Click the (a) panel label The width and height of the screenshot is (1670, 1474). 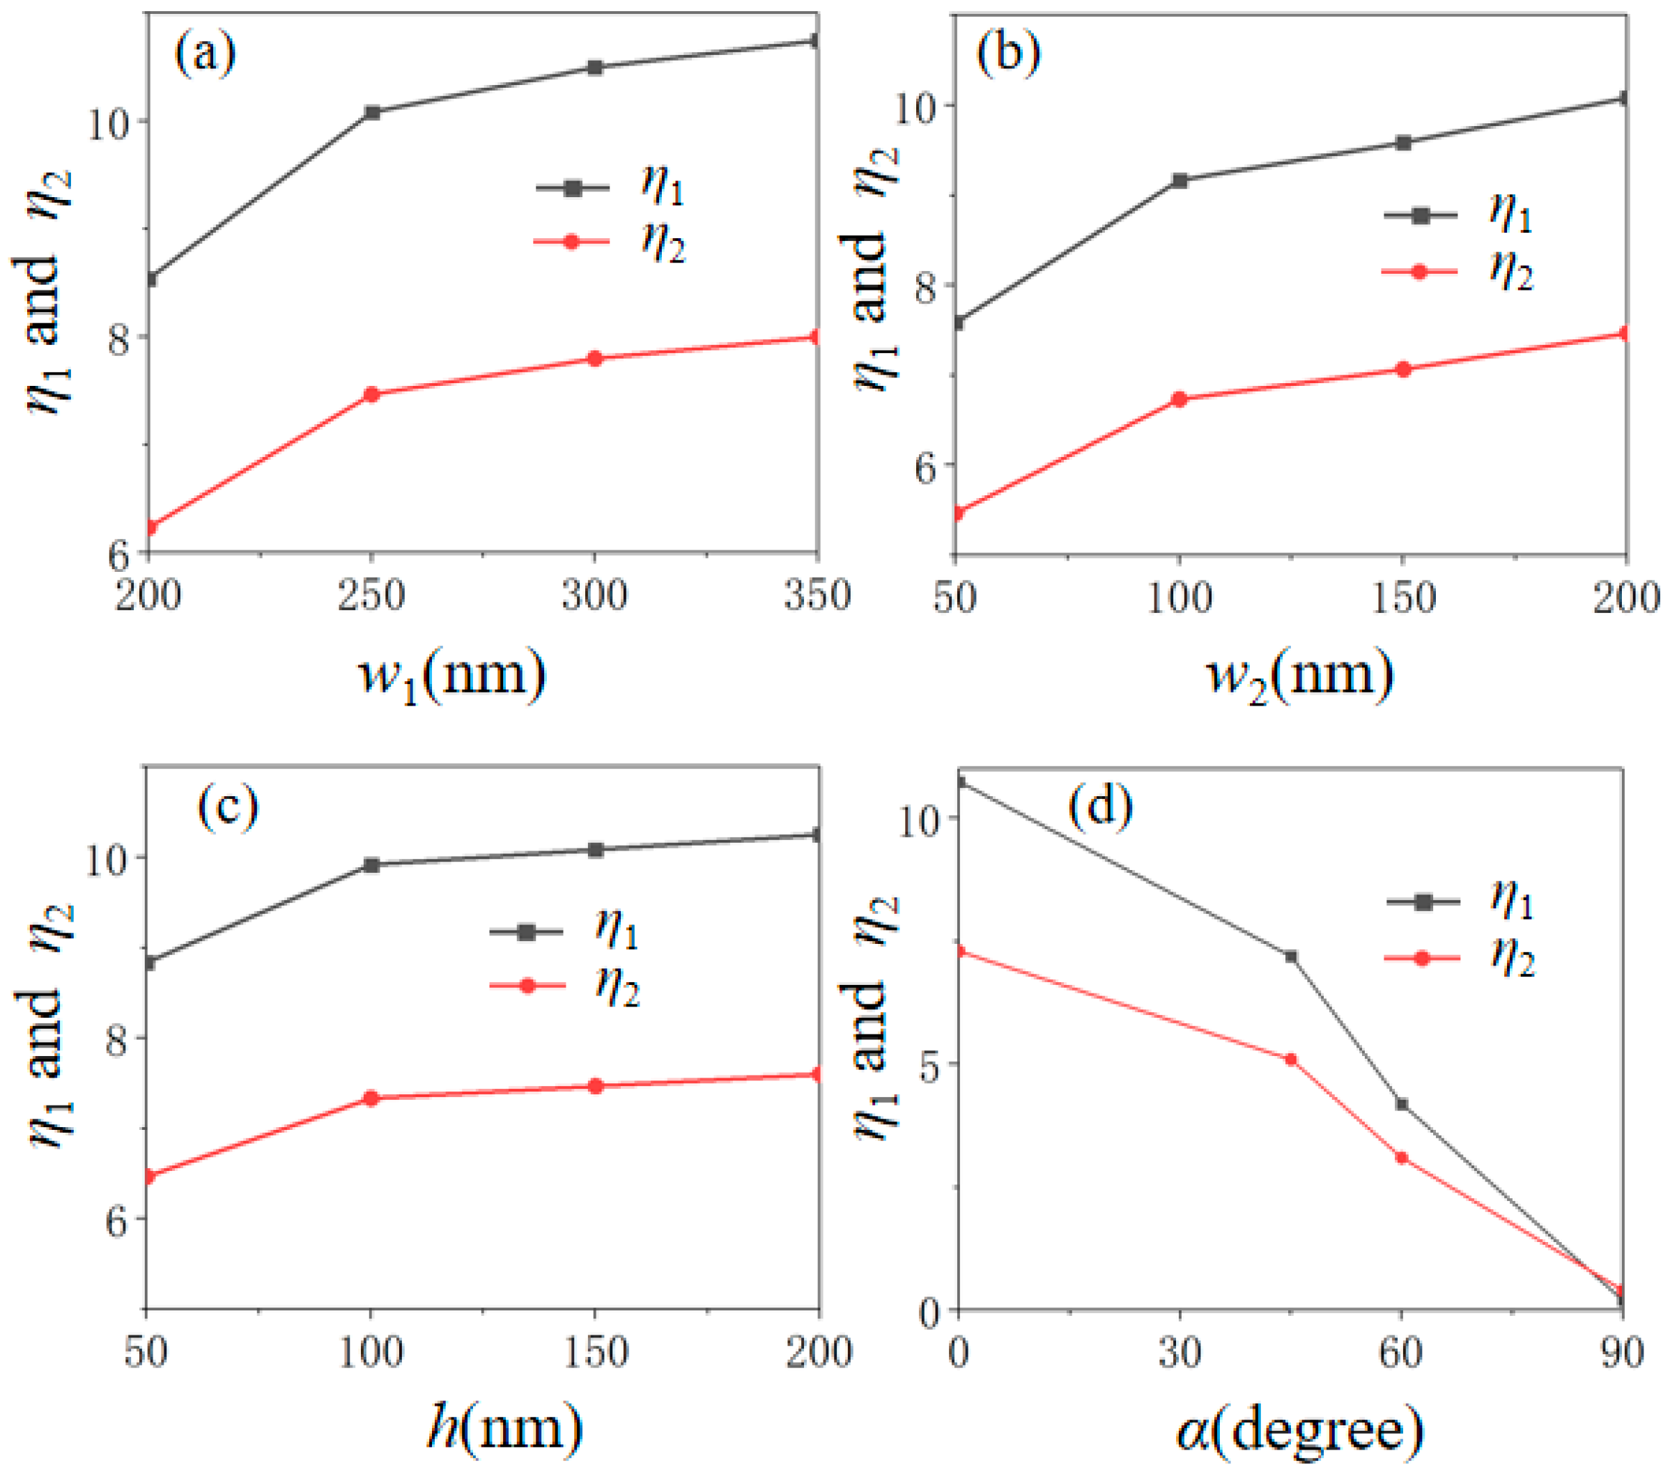pyautogui.click(x=205, y=55)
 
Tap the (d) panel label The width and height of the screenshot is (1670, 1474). pyautogui.click(x=1101, y=807)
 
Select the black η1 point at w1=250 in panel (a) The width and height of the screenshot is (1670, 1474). pyautogui.click(x=373, y=113)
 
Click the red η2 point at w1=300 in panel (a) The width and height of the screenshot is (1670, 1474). pyautogui.click(x=595, y=359)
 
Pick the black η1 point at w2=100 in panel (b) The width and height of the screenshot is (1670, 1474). pyautogui.click(x=1179, y=180)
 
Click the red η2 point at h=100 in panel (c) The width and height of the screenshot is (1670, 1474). pyautogui.click(x=371, y=1098)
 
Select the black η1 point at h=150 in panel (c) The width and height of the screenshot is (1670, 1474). pyautogui.click(x=596, y=850)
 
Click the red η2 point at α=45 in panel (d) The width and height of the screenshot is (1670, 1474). pyautogui.click(x=1291, y=1059)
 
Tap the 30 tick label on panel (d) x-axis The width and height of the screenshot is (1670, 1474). pyautogui.click(x=1180, y=1352)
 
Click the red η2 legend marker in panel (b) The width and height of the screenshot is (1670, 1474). pyautogui.click(x=1419, y=271)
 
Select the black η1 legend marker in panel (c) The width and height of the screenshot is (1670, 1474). pyautogui.click(x=527, y=931)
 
